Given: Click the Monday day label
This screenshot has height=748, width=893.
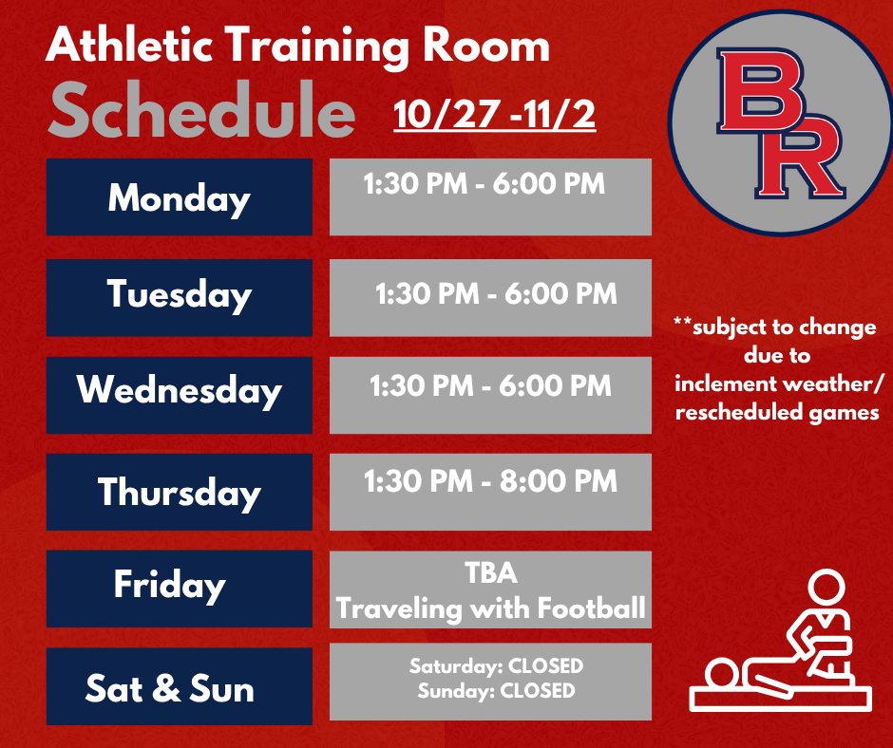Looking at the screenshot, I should coord(179,198).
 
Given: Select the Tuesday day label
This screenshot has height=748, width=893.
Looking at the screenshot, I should coord(179,294).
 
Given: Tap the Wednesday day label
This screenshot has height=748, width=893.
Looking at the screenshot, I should coord(179,391).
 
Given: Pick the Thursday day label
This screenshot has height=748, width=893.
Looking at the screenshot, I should coord(179,492).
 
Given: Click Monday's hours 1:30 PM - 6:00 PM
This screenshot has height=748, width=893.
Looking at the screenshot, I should coord(484,183).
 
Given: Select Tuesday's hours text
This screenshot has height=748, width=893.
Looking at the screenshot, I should coord(496,293).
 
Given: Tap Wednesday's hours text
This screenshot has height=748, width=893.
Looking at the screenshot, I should coord(490,385).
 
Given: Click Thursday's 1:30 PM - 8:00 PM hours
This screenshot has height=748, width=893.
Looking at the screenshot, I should coord(490,481).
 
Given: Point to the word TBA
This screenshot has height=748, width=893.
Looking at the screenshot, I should coord(490,574).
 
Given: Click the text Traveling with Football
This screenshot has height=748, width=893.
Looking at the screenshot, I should coord(490,608).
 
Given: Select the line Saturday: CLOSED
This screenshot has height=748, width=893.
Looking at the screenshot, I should coord(496,666).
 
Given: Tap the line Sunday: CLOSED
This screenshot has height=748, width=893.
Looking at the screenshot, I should coord(496,691).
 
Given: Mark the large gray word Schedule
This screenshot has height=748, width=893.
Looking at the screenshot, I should coord(201,114).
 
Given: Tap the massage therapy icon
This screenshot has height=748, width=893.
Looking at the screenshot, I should coord(780,641).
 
